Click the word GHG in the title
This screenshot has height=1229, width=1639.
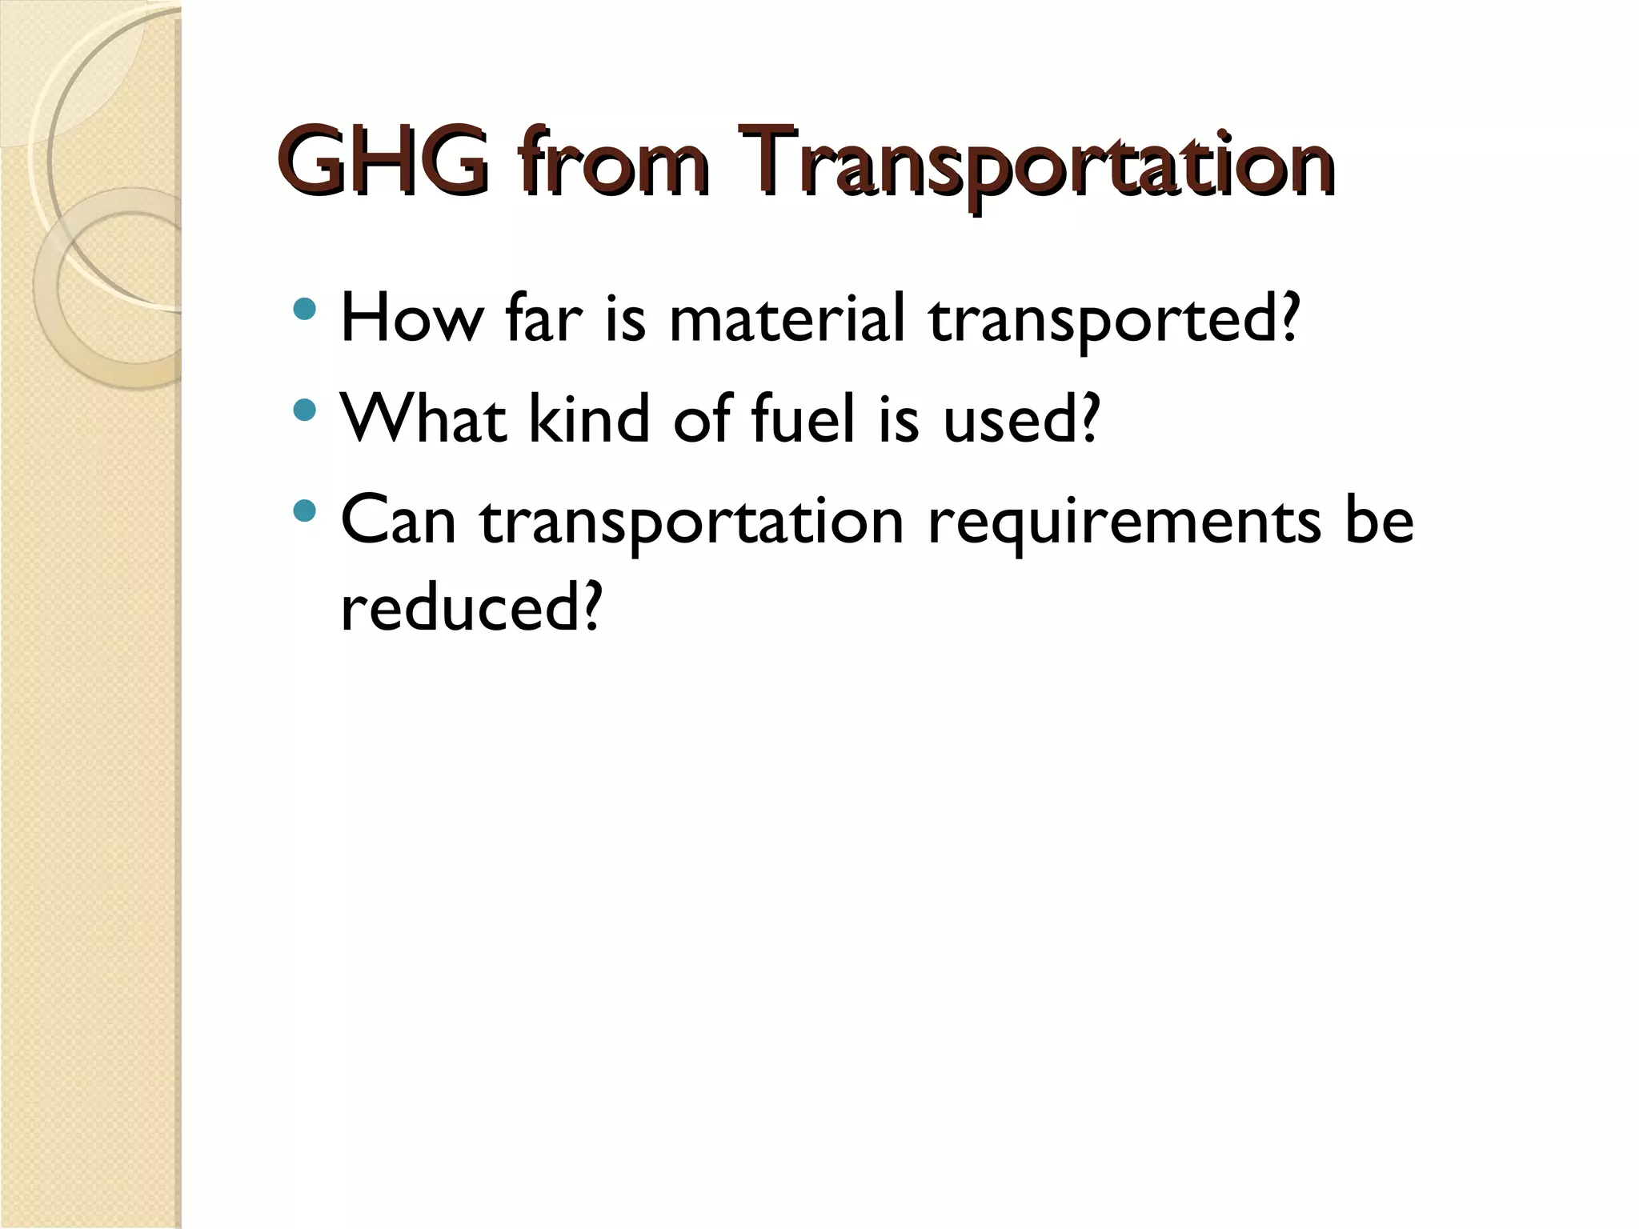click(384, 162)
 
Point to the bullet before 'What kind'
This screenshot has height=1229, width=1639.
click(305, 410)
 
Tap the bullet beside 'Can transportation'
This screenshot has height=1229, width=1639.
click(305, 510)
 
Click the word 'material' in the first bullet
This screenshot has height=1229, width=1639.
click(787, 318)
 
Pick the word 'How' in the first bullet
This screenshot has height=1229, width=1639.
click(411, 318)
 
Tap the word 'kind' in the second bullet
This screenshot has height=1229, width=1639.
click(588, 418)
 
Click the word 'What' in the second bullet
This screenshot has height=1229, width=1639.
click(423, 418)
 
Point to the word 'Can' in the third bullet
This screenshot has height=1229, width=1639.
click(398, 520)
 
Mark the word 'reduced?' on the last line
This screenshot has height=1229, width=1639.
click(470, 607)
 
